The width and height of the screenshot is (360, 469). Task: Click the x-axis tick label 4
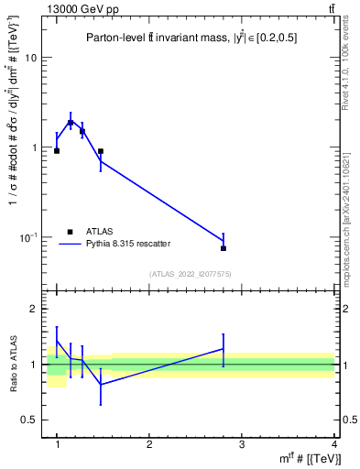click(334, 444)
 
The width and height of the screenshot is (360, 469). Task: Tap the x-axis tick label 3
click(242, 444)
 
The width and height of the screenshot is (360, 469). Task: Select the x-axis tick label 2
click(149, 444)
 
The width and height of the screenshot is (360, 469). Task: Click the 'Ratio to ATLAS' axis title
click(14, 364)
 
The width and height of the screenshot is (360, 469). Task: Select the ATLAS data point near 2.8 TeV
click(224, 248)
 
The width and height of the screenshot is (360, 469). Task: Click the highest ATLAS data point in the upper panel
click(71, 122)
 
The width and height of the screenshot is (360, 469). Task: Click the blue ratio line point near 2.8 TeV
click(224, 348)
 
